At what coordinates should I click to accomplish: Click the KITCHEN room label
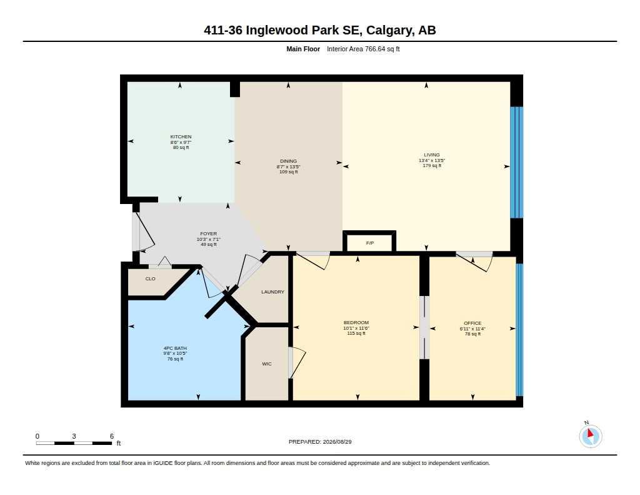(181, 136)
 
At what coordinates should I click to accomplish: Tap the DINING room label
(288, 161)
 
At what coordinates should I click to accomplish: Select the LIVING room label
(432, 155)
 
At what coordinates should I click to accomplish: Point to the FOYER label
(209, 234)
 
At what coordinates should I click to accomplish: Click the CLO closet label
(150, 278)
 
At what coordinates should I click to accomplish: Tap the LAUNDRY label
(272, 292)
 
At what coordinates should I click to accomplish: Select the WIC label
(266, 364)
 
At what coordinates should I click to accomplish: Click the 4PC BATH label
(175, 349)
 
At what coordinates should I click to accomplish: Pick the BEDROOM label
(356, 322)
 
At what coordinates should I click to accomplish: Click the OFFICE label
(472, 323)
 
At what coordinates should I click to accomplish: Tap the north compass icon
(590, 436)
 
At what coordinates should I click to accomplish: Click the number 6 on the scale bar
(112, 436)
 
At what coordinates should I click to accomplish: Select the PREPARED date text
(320, 441)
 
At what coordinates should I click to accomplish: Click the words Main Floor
(303, 49)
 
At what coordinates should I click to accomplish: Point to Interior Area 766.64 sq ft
(363, 49)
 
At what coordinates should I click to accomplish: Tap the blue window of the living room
(517, 162)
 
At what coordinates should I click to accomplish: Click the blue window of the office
(519, 330)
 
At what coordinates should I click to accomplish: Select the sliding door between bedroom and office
(424, 327)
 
